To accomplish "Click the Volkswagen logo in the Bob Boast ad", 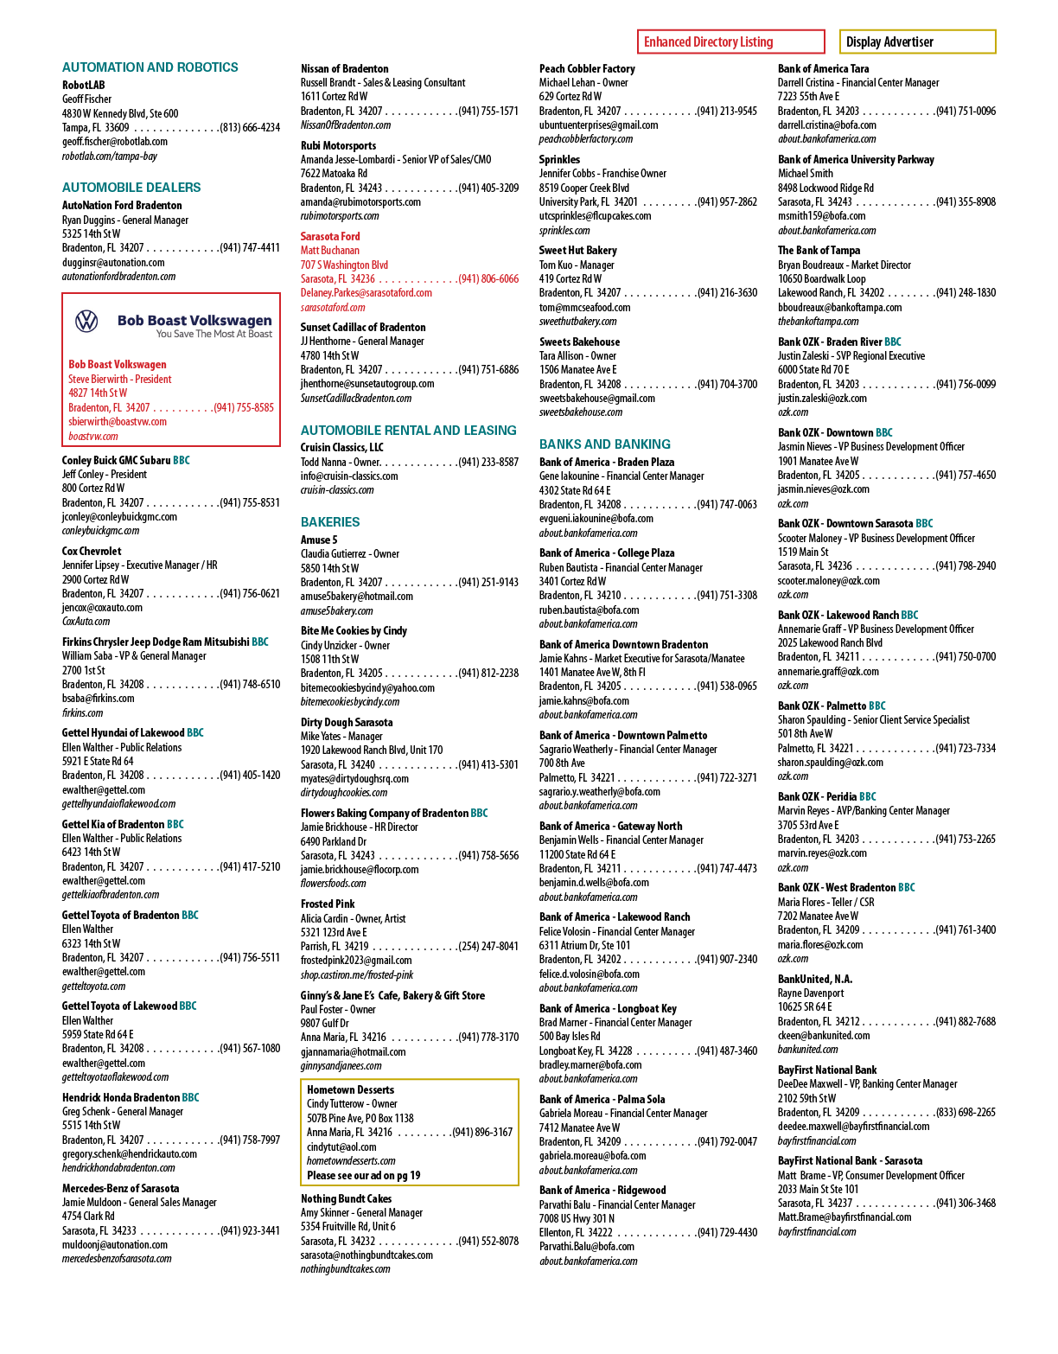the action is pos(86,322).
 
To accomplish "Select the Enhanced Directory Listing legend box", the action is pos(730,42).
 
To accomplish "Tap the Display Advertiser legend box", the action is pos(917,42).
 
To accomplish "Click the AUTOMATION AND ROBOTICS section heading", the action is pos(150,67).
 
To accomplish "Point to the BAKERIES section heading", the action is pos(330,522).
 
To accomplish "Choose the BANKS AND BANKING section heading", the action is pos(605,444).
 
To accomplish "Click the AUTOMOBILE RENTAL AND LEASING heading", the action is pos(409,430).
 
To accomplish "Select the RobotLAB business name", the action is pos(84,85).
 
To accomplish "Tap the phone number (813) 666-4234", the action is pos(250,127).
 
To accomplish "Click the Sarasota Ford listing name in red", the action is pos(330,236).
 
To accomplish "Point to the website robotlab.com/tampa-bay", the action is pos(110,156).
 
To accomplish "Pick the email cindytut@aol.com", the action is pos(341,1146).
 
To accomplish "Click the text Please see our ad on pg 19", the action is pos(363,1175).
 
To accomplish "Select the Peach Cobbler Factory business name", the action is pos(587,68).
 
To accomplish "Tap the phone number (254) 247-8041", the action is pos(488,946).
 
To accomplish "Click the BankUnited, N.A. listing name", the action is pos(815,979).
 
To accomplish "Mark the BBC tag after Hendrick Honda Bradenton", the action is pos(190,1097).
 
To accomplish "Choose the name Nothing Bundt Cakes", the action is pos(347,1198).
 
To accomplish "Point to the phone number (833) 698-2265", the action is pos(966,1112).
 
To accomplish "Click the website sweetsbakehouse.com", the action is pos(581,412).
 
